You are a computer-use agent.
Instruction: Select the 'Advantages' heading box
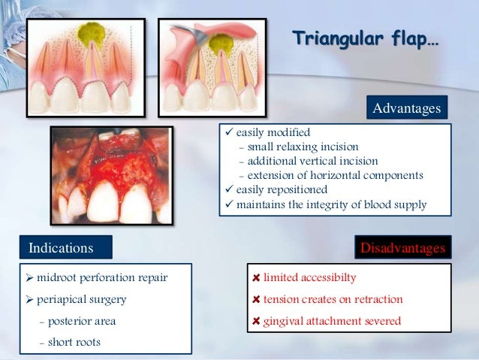(406, 108)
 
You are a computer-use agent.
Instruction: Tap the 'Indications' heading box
(65, 247)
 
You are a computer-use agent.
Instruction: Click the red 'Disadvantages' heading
(402, 247)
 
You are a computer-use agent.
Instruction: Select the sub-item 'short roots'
(70, 342)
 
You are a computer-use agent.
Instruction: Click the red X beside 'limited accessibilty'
(256, 278)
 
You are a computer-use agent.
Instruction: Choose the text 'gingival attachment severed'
(331, 321)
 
